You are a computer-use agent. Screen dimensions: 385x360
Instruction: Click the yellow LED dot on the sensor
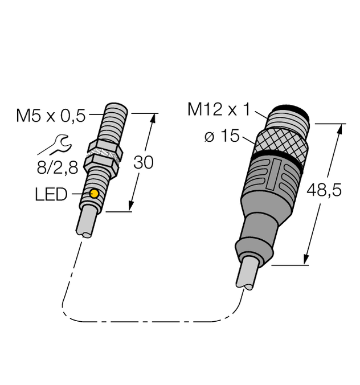94,195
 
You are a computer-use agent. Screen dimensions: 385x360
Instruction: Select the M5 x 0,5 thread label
50,116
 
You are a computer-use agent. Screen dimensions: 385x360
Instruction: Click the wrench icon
51,145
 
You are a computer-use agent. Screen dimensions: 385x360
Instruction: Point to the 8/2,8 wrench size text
55,167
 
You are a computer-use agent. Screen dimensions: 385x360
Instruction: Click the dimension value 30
143,163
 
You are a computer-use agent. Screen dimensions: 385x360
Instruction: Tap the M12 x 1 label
219,109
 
